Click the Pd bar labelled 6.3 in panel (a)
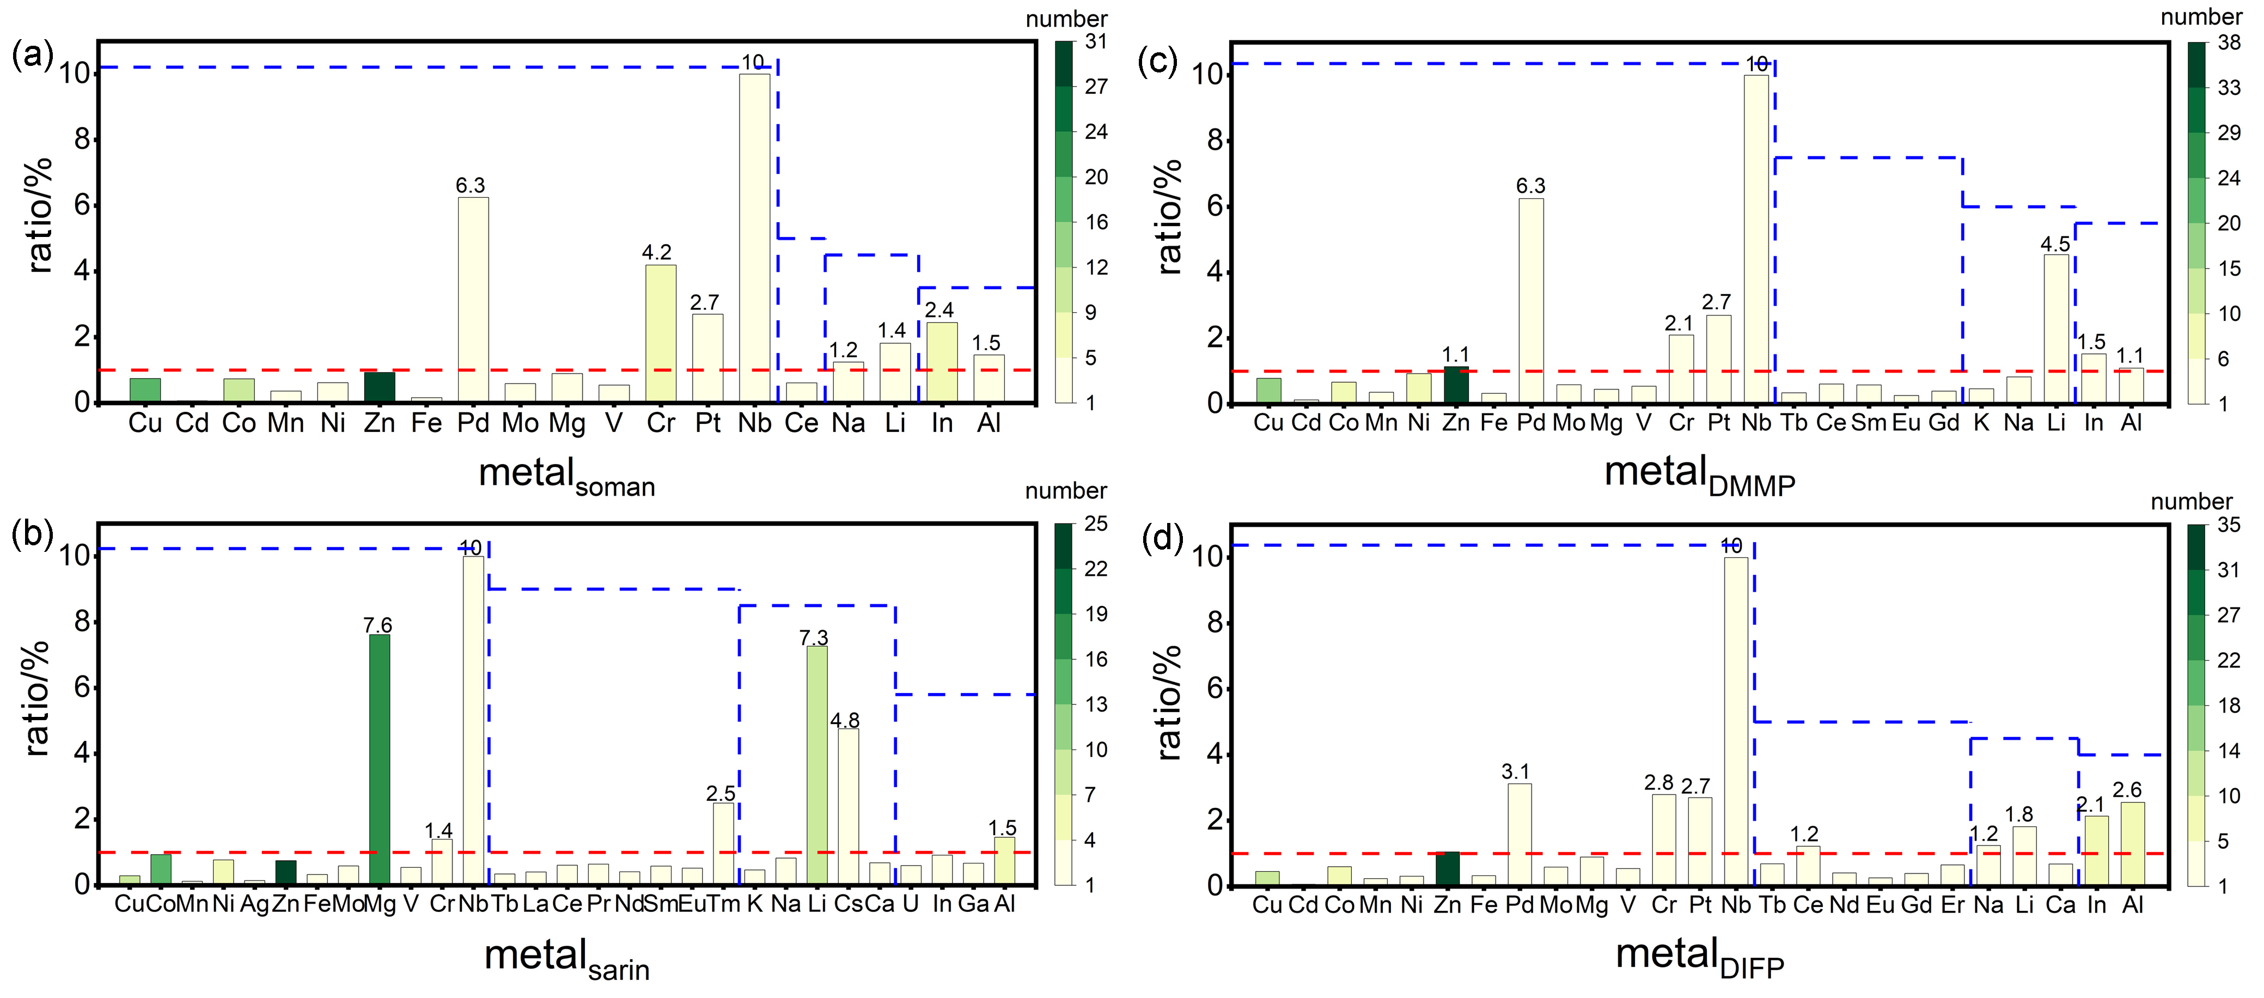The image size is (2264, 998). click(x=473, y=299)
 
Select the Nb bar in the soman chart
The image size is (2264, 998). click(x=754, y=238)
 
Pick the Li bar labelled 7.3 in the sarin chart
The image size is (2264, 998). click(x=816, y=765)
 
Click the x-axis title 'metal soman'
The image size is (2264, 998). click(x=567, y=476)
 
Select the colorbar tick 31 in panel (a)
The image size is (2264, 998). click(x=1096, y=41)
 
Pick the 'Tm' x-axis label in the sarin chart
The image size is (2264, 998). click(x=722, y=904)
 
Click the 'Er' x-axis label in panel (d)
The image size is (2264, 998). click(x=1952, y=905)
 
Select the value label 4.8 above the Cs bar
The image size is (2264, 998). click(x=845, y=720)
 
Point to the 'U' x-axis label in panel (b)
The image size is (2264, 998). click(x=911, y=904)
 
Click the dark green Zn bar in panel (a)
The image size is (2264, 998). click(x=380, y=387)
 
